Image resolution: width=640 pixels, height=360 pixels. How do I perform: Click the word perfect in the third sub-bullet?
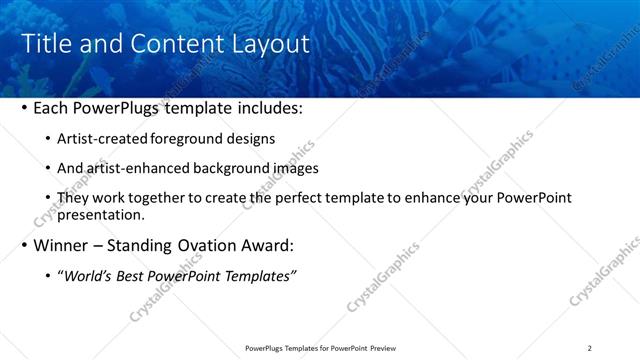click(314, 198)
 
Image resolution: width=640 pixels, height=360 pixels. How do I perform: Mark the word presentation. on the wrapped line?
click(102, 214)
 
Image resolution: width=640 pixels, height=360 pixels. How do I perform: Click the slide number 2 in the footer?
click(590, 348)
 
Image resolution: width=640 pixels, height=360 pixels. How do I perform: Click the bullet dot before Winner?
click(24, 245)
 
